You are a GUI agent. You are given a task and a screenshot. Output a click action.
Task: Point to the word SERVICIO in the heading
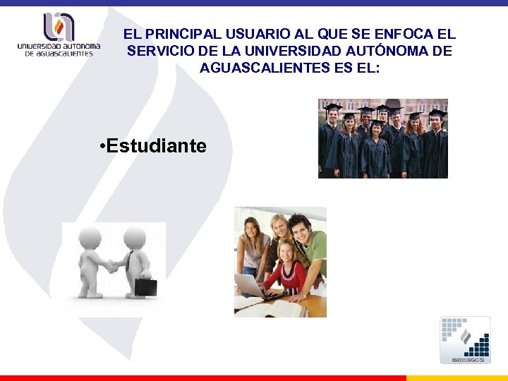(164, 51)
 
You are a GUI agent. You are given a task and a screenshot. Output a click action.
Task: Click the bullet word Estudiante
(157, 146)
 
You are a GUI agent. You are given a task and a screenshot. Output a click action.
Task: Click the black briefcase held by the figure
(146, 286)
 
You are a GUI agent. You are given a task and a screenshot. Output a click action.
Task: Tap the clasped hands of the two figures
(112, 267)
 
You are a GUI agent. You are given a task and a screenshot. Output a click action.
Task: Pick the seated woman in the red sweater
(284, 268)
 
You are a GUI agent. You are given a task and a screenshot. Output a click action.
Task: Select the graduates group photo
(383, 138)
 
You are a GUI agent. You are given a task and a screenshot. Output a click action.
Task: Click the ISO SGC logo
(465, 340)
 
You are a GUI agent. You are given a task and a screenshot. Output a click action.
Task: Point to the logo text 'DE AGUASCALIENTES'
(59, 54)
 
